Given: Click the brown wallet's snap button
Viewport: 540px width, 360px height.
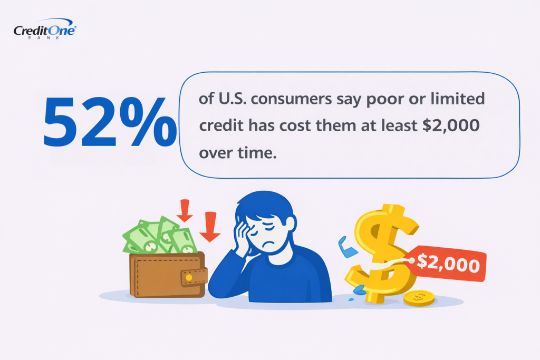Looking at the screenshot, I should (189, 277).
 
